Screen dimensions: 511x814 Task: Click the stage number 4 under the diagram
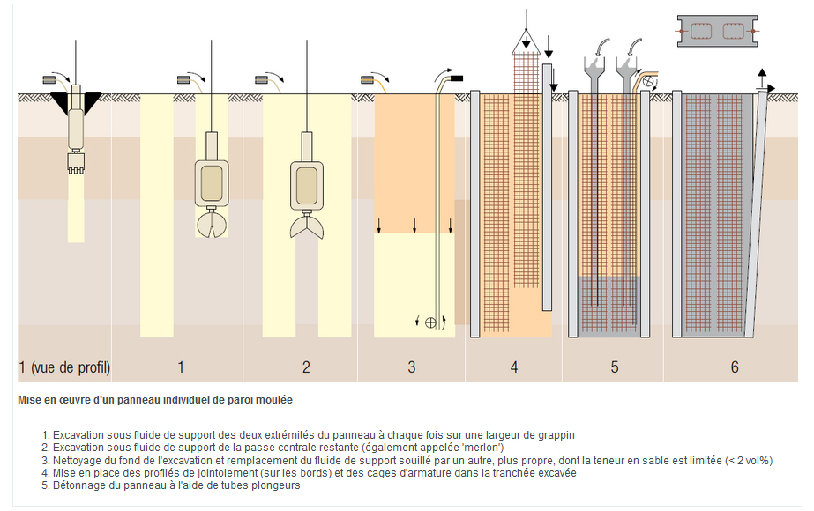514,367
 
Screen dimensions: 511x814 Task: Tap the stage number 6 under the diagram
735,367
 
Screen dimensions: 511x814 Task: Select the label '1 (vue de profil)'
64,367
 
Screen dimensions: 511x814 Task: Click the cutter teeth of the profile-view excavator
76,164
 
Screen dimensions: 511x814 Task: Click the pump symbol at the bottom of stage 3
430,322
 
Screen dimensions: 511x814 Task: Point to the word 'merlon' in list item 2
484,448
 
